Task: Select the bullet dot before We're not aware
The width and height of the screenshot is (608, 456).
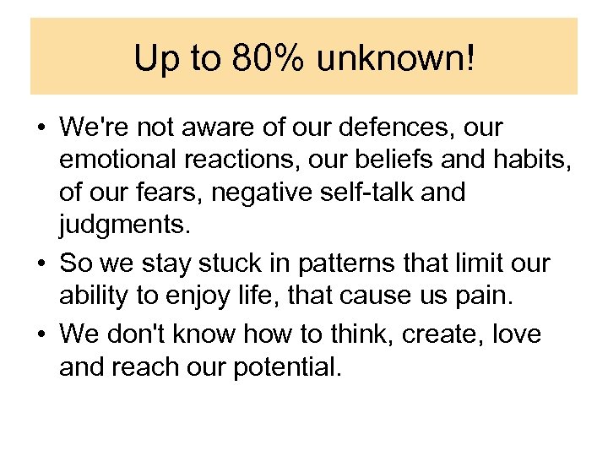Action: click(41, 129)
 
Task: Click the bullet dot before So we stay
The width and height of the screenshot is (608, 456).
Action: click(41, 264)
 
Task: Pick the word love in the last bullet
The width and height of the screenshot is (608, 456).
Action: click(516, 335)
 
